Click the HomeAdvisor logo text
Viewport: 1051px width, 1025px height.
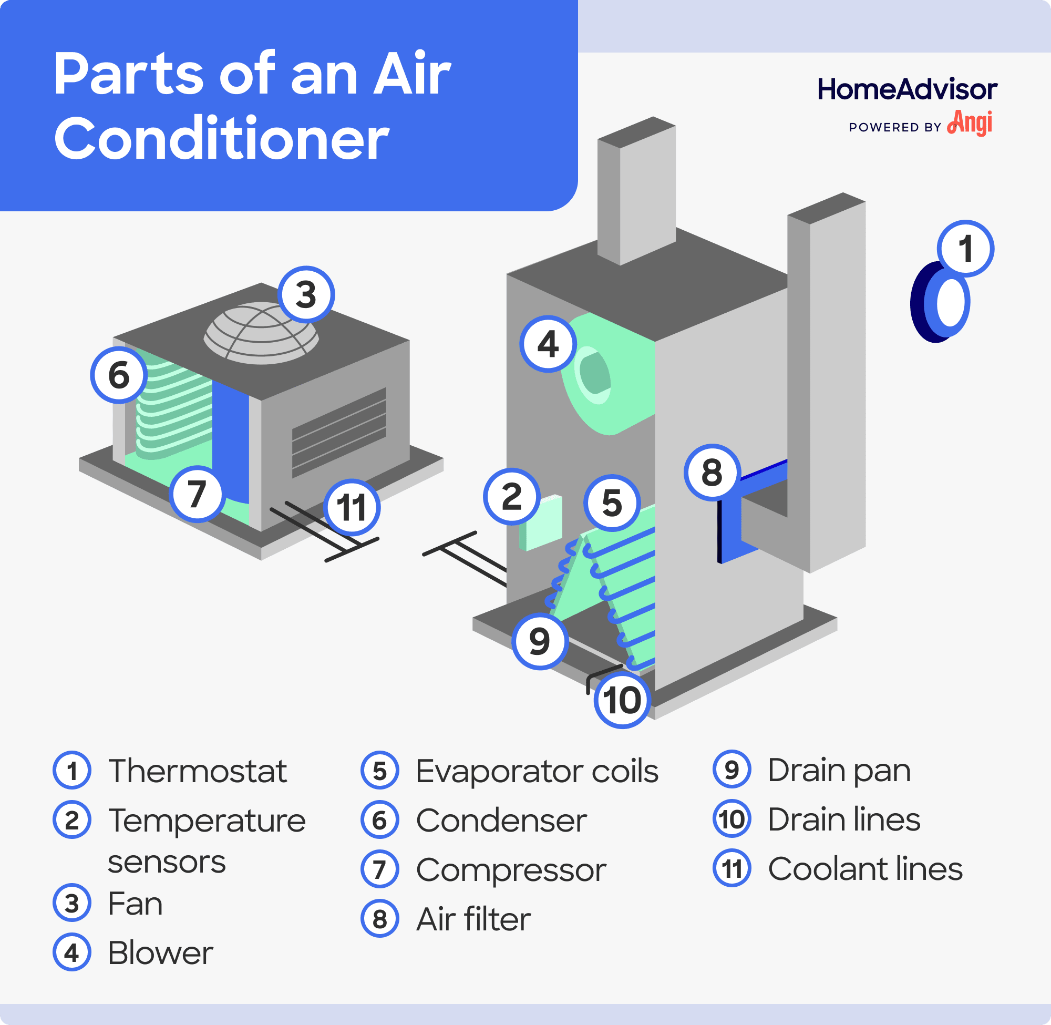point(907,89)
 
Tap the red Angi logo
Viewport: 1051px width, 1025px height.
point(970,124)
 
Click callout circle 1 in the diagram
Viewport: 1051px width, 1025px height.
point(965,249)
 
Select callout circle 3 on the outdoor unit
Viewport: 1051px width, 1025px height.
point(306,294)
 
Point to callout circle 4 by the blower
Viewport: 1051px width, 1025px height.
point(548,344)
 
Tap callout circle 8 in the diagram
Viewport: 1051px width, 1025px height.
point(712,473)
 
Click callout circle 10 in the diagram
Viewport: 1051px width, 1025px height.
point(622,700)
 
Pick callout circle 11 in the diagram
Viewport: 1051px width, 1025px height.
point(352,507)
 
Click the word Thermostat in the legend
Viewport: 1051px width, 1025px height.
point(198,771)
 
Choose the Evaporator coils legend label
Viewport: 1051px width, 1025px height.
point(537,771)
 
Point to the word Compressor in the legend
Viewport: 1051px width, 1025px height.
point(511,870)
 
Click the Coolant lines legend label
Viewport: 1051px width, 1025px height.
point(865,869)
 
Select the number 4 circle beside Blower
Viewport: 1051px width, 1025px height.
point(71,953)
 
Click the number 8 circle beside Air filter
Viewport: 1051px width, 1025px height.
point(379,919)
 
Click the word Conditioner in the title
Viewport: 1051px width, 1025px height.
point(221,138)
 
